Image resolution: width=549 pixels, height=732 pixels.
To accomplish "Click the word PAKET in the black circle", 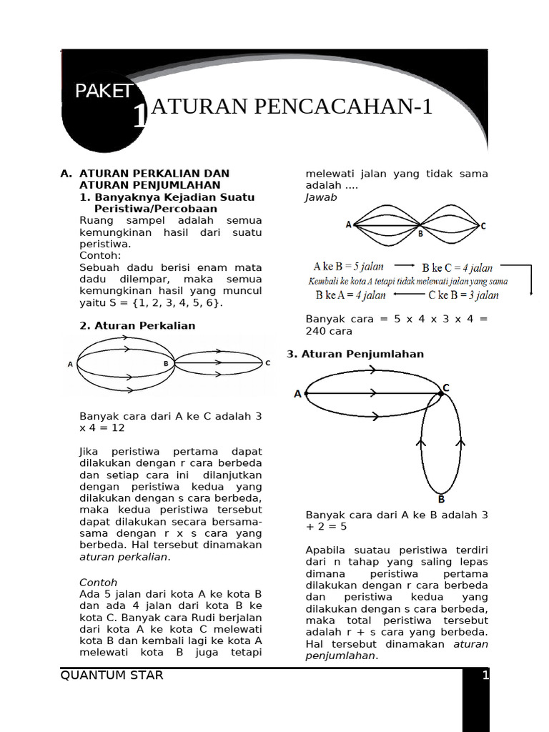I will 104,91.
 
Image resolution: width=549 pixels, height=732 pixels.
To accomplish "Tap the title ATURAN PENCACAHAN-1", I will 292,107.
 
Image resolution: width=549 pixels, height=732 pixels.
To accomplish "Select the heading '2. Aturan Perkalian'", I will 137,326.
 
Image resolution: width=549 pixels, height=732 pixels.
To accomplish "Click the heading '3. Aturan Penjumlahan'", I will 355,355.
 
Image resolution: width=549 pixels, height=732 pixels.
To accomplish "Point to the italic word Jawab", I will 321,197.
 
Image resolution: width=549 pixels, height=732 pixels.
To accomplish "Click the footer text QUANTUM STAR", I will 112,676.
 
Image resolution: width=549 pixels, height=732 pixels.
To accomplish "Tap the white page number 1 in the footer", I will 485,676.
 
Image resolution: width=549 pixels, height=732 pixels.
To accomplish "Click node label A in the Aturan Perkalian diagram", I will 70,365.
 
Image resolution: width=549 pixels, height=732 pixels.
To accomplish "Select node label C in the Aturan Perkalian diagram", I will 268,363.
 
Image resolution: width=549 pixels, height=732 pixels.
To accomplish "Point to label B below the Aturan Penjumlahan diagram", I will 441,500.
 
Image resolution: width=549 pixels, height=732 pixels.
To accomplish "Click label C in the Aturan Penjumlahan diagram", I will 445,387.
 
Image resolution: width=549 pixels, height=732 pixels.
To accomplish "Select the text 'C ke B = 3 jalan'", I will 463,295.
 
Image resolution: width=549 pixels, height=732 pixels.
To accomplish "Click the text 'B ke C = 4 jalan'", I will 457,268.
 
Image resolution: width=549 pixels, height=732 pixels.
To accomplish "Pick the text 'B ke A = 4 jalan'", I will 350,295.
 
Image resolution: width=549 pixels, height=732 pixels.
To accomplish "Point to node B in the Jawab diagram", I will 420,232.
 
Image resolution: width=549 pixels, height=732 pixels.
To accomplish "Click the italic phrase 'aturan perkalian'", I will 124,557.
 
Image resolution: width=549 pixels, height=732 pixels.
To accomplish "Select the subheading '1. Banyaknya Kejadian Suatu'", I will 167,197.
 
